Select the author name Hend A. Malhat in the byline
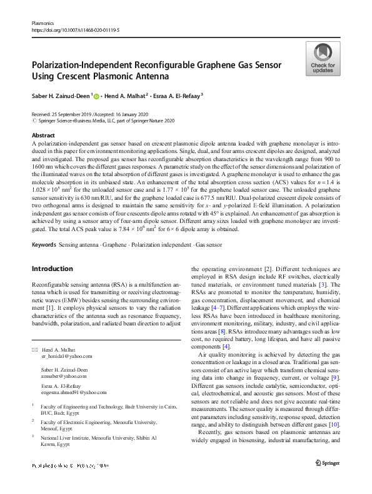point(124,96)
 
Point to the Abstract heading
point(43,135)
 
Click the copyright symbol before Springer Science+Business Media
point(34,121)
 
